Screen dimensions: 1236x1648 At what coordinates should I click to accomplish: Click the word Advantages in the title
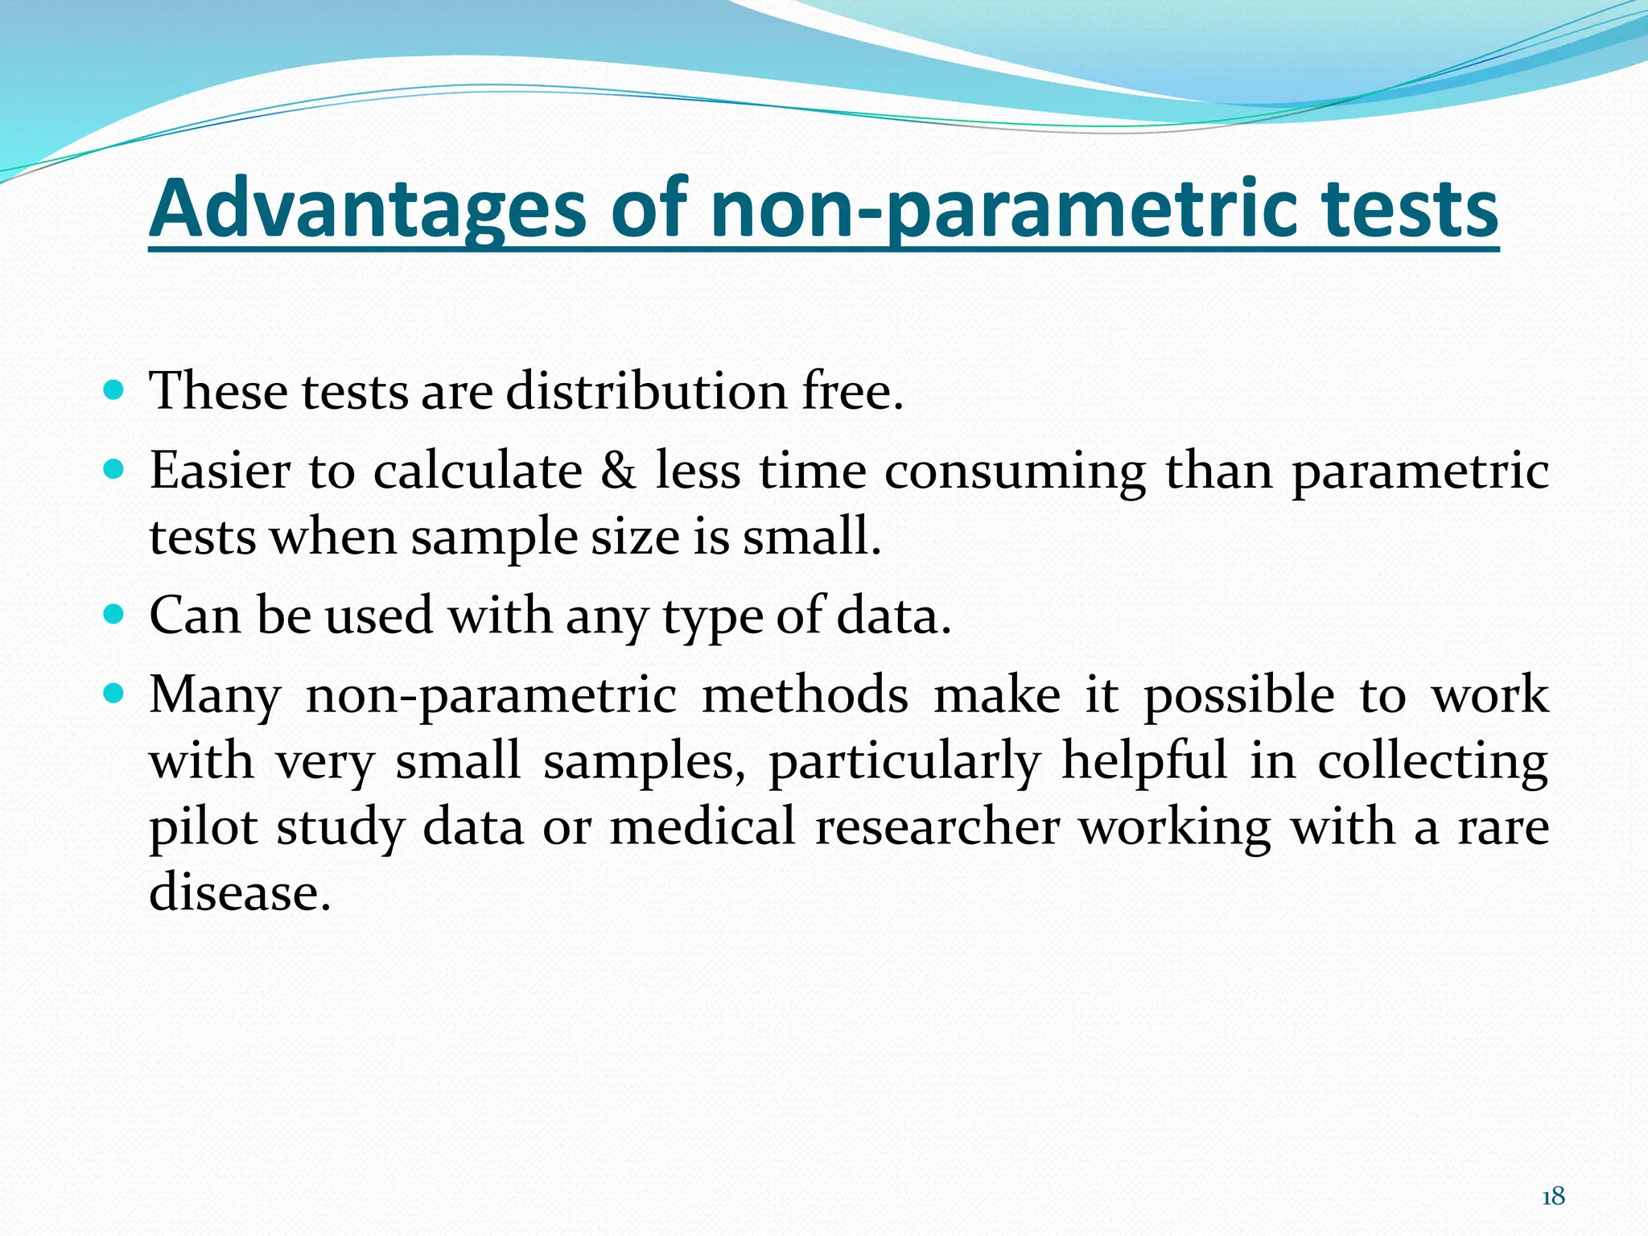pos(368,209)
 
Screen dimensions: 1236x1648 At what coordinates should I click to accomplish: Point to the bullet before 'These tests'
pos(114,391)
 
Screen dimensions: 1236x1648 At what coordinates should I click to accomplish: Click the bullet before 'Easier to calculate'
pos(114,470)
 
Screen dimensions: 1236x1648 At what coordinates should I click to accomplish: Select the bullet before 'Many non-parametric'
pos(114,694)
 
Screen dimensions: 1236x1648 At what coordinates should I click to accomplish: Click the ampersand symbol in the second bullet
pos(618,471)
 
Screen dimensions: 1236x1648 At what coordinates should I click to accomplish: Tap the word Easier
pos(220,471)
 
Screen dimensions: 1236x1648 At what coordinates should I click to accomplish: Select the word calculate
pos(478,471)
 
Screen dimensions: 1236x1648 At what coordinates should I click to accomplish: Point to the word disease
pos(240,892)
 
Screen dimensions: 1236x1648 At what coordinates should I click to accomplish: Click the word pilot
pos(204,828)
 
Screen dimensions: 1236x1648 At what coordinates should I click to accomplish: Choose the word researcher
pos(937,827)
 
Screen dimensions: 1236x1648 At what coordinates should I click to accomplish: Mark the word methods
pos(805,695)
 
